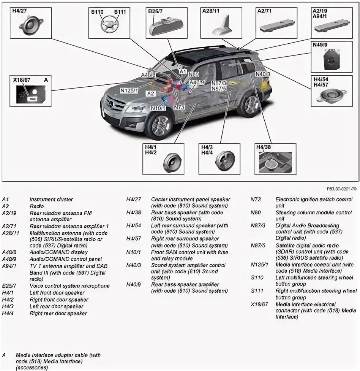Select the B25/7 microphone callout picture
164,26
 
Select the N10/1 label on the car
158,108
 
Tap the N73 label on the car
179,107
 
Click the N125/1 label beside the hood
129,90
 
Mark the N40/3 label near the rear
263,74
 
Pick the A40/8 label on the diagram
148,75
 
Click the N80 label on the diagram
194,75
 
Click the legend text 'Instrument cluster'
51,199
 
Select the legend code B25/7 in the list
9,286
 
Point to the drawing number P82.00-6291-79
341,188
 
